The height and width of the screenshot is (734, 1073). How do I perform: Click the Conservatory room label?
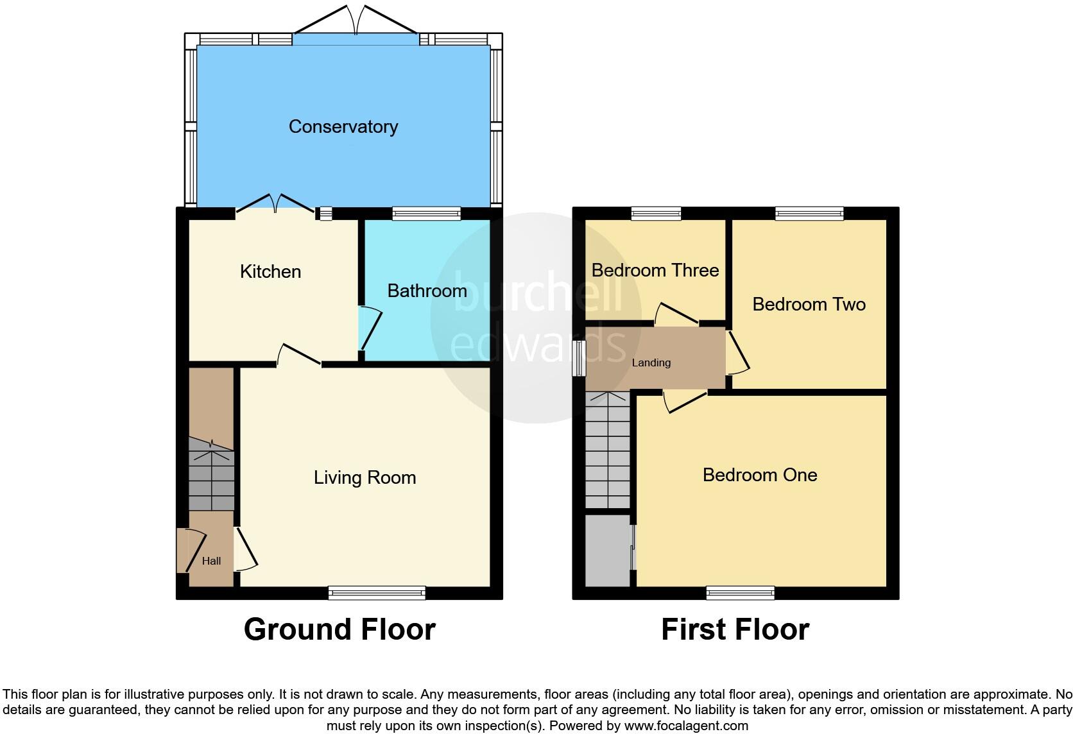(343, 126)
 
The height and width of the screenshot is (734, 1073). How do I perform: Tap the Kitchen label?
(270, 271)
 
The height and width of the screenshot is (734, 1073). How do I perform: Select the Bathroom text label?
(427, 291)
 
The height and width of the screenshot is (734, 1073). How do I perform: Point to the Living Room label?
(365, 477)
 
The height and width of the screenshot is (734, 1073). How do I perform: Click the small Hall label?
(211, 561)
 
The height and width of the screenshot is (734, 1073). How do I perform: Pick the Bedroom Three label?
(655, 270)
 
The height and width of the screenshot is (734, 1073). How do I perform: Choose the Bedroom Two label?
(809, 304)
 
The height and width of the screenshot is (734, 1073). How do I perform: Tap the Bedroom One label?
(760, 475)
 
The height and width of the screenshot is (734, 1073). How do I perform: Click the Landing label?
(651, 363)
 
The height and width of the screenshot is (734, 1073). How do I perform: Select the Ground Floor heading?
(339, 629)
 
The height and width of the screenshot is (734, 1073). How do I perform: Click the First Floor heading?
(735, 629)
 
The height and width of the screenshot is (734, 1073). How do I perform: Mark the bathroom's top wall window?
(427, 214)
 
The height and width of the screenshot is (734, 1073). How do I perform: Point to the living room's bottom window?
(377, 593)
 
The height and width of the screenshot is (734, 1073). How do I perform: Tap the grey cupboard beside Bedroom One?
(607, 550)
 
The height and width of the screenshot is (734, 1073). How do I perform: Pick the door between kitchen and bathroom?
(369, 327)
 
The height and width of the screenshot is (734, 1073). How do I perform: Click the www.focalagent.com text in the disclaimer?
(686, 726)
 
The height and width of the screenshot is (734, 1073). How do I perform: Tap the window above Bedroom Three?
(655, 214)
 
